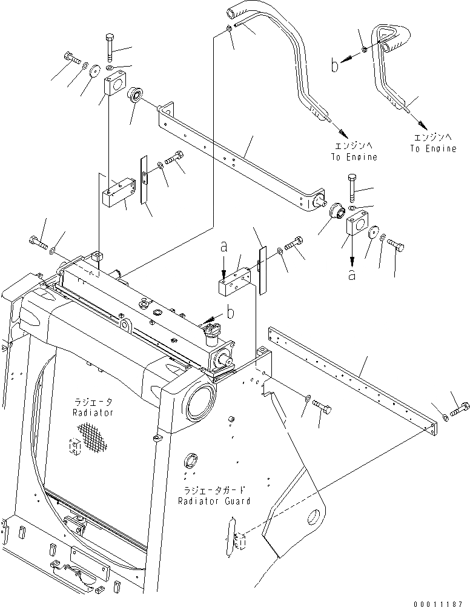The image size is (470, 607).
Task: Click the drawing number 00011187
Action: click(442, 602)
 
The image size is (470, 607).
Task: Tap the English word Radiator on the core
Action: click(92, 413)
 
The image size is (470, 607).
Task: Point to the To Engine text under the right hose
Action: click(432, 148)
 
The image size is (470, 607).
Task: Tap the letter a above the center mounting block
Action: click(224, 247)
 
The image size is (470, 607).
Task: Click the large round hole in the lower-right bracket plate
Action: click(314, 518)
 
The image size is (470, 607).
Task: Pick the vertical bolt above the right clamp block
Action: click(352, 188)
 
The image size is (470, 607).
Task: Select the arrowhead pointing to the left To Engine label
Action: click(342, 132)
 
